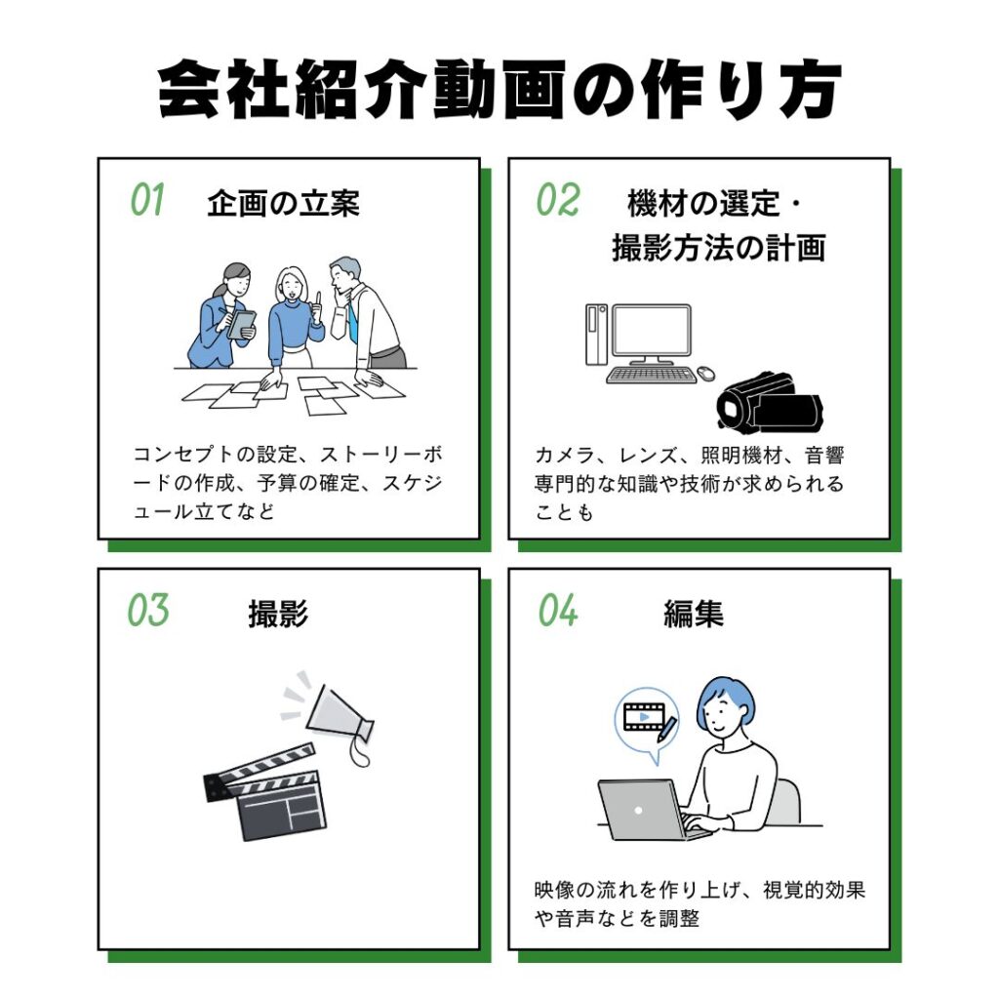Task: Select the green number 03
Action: (148, 611)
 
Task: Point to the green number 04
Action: (558, 611)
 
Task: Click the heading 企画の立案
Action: (283, 203)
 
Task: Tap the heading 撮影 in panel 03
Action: (278, 615)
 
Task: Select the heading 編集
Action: (693, 615)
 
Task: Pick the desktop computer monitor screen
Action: (651, 333)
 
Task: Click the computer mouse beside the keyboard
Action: (705, 373)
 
